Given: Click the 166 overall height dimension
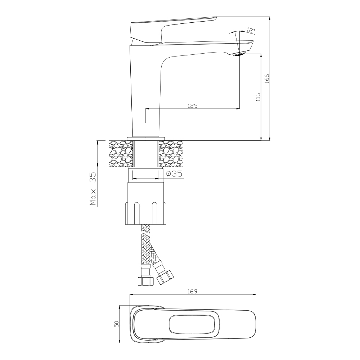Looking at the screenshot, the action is coord(267,78).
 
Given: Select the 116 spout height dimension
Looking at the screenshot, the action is coord(258,97).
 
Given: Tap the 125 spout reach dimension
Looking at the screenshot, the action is coord(193,105).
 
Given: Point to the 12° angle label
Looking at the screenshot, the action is coord(251,30).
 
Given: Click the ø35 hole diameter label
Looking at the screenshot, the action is coord(174,174).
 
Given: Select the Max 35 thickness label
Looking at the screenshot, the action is coord(93,189).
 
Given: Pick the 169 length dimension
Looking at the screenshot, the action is coord(192,291).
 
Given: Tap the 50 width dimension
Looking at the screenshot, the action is coord(117,324).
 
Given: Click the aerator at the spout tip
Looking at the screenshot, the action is coord(239,54).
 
